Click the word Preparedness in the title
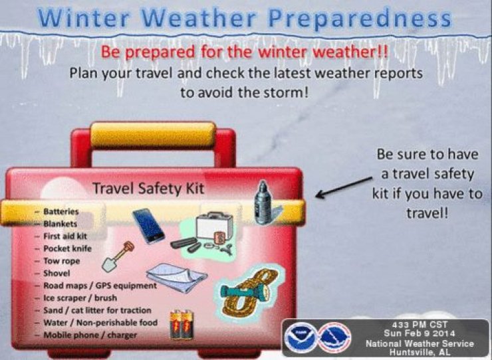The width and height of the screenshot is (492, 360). (x=360, y=19)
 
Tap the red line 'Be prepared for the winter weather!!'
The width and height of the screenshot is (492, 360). (x=245, y=52)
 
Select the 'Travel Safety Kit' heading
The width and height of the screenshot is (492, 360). (x=148, y=189)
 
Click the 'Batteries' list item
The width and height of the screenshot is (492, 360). (x=61, y=211)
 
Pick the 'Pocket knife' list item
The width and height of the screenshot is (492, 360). (x=67, y=248)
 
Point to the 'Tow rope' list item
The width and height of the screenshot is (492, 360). (x=61, y=261)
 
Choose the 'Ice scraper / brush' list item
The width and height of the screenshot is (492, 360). (x=80, y=298)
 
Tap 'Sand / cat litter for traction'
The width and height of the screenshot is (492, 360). (x=97, y=310)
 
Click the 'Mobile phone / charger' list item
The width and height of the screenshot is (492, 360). (x=90, y=335)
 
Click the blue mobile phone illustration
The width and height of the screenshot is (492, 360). (x=148, y=226)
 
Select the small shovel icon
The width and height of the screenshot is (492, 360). (x=118, y=256)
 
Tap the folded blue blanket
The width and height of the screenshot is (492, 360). (x=176, y=277)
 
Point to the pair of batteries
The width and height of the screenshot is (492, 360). (x=182, y=325)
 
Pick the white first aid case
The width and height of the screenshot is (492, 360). (x=215, y=225)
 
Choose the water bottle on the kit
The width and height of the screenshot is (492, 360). (x=263, y=203)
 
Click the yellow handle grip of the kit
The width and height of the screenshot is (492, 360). (x=153, y=135)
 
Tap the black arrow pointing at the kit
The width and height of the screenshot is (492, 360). (x=344, y=187)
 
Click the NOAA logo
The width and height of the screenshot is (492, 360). (x=300, y=337)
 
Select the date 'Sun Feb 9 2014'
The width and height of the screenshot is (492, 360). (x=420, y=333)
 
